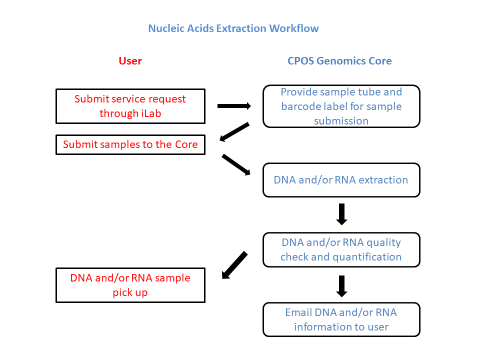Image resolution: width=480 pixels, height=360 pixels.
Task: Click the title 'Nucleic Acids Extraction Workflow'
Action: pyautogui.click(x=233, y=28)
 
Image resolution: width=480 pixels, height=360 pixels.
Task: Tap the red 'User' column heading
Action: pyautogui.click(x=130, y=61)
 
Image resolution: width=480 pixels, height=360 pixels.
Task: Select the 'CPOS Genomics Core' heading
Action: pyautogui.click(x=339, y=61)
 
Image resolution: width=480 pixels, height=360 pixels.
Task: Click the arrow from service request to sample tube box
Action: pyautogui.click(x=234, y=106)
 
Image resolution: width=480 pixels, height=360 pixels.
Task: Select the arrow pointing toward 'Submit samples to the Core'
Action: pyautogui.click(x=234, y=132)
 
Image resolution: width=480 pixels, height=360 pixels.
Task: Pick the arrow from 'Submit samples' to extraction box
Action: pyautogui.click(x=236, y=164)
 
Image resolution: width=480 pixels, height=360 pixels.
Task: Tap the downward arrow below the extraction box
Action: pyautogui.click(x=341, y=214)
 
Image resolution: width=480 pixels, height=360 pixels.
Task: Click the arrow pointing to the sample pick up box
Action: pyautogui.click(x=235, y=265)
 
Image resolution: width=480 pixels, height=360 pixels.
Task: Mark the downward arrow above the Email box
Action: pyautogui.click(x=341, y=286)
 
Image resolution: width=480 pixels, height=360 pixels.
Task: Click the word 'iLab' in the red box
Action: pyautogui.click(x=151, y=113)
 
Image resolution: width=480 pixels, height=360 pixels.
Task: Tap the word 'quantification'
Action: pyautogui.click(x=366, y=257)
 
